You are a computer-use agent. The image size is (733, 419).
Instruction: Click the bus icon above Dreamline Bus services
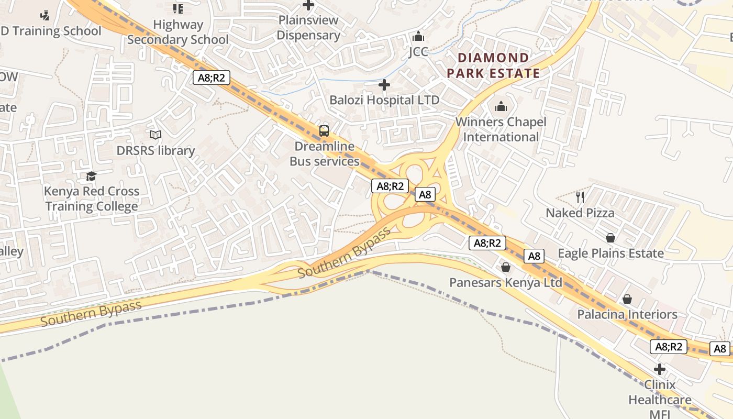(x=324, y=131)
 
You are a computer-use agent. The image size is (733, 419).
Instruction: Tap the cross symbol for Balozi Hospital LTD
(x=384, y=85)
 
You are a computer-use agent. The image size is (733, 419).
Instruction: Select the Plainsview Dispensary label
(x=308, y=28)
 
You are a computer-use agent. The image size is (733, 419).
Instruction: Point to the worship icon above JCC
(x=418, y=37)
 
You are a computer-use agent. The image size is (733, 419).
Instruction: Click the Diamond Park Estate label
(x=493, y=65)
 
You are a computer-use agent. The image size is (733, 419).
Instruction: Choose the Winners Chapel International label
(x=501, y=129)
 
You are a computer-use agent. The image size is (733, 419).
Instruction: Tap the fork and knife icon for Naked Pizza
(x=580, y=197)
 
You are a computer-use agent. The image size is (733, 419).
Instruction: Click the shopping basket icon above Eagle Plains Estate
(x=610, y=238)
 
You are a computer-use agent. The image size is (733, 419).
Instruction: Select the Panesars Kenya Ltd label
(x=506, y=283)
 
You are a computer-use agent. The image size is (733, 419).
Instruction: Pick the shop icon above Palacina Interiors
(x=627, y=299)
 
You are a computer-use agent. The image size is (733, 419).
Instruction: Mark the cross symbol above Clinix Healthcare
(x=660, y=369)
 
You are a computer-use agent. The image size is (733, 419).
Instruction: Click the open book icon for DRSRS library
(x=156, y=135)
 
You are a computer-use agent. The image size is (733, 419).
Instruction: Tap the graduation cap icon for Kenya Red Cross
(x=92, y=176)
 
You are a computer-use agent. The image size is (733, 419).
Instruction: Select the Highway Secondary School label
(x=178, y=32)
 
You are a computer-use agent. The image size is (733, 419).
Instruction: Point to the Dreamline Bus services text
(x=325, y=153)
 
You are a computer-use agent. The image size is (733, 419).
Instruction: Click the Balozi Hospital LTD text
(x=384, y=100)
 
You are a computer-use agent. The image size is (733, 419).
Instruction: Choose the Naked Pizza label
(x=580, y=213)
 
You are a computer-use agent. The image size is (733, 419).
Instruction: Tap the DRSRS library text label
(x=156, y=151)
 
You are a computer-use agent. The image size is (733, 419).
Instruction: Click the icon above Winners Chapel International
(x=501, y=106)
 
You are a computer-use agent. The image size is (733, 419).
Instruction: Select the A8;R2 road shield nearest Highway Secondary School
(x=212, y=78)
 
